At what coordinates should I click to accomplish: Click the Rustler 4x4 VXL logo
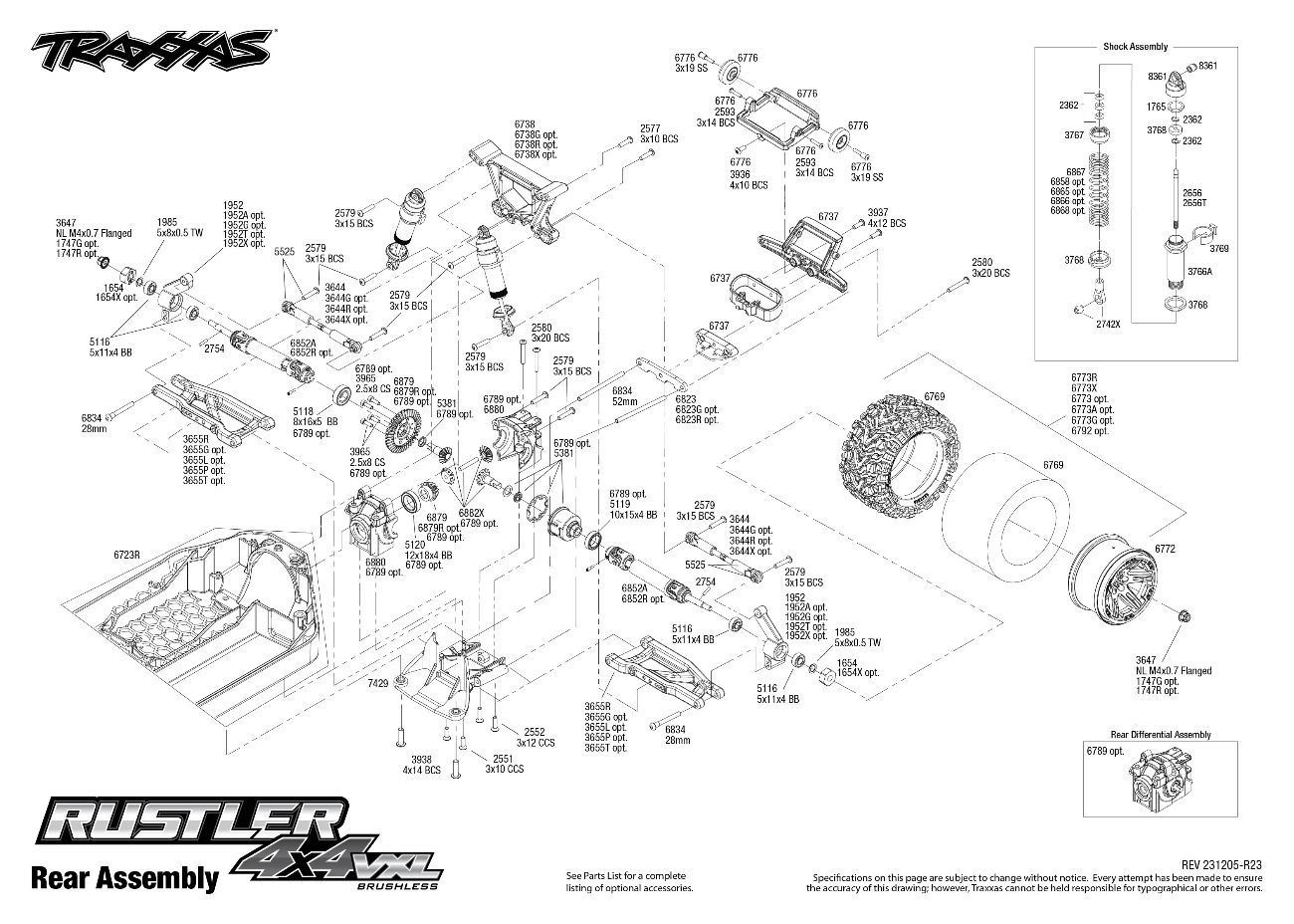(x=239, y=833)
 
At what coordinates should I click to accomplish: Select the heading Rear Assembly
(x=124, y=877)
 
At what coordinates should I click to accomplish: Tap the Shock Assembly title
(x=1135, y=47)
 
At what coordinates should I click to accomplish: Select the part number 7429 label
(x=376, y=685)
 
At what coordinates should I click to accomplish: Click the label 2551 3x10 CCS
(x=504, y=764)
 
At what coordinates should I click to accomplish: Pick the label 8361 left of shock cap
(x=1157, y=77)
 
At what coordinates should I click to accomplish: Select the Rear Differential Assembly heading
(x=1161, y=735)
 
